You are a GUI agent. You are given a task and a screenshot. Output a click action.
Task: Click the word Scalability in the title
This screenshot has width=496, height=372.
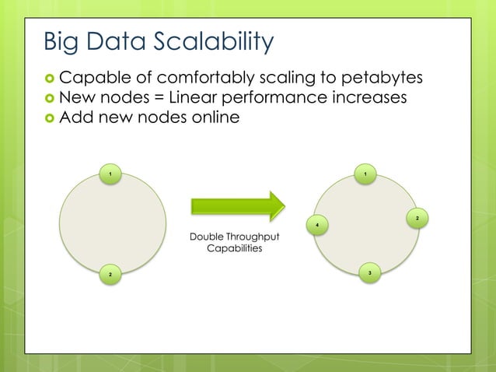(204, 41)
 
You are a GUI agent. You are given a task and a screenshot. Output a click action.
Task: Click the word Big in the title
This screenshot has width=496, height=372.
(61, 41)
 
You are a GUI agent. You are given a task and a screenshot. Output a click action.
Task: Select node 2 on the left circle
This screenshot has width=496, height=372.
(110, 275)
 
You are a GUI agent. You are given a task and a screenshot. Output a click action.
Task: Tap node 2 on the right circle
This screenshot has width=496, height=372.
(417, 219)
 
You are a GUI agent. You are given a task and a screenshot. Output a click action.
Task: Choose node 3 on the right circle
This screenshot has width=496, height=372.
(370, 272)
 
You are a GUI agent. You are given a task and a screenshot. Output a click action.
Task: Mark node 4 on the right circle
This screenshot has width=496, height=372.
(317, 226)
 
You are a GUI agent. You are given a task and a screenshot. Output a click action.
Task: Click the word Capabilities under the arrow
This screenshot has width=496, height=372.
(234, 249)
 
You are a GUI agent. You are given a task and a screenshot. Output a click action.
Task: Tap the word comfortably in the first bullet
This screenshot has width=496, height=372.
(205, 78)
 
